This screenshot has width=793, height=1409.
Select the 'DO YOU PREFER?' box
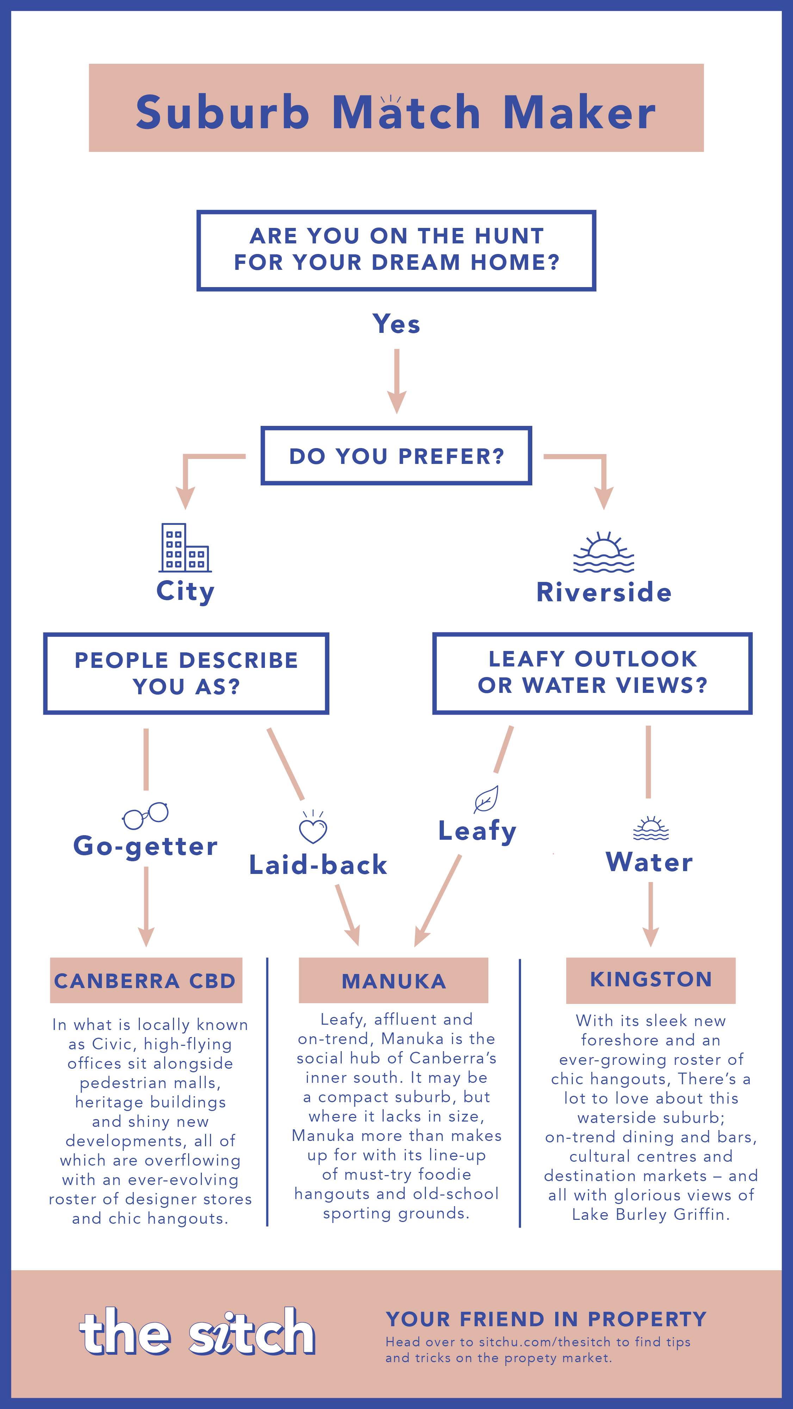coord(397,455)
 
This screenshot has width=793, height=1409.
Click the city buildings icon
coord(185,547)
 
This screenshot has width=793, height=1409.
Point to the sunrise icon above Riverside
coord(604,552)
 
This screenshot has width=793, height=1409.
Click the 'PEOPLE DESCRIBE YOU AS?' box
coord(186,673)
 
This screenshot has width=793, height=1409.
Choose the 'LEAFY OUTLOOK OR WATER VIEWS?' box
coord(592,673)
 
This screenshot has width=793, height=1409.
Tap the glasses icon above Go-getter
coord(145,815)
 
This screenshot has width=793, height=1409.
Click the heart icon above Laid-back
coord(313,827)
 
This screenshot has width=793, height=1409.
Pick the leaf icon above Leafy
coord(486,799)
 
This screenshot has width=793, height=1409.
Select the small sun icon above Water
coord(651,828)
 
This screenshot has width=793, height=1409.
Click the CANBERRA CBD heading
coord(146,981)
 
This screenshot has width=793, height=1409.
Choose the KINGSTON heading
coord(651,980)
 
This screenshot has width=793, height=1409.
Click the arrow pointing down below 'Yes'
coord(397,381)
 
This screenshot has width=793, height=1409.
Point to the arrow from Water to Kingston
coord(651,914)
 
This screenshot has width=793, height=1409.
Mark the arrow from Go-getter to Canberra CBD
coord(146,907)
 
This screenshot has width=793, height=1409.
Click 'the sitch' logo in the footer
coord(197,1332)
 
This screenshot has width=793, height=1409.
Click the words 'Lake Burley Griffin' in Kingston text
coord(651,1214)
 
